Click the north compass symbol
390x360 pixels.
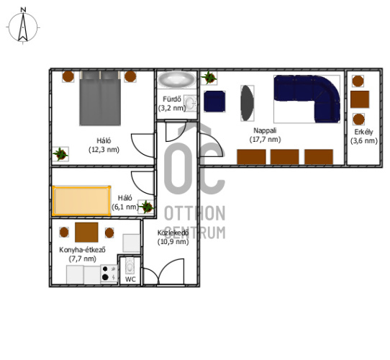click(x=23, y=26)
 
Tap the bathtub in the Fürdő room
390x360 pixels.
click(x=177, y=80)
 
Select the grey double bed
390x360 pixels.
click(x=100, y=98)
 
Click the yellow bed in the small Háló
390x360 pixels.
click(x=81, y=201)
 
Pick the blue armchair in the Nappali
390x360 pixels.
click(x=214, y=102)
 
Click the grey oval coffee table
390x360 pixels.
click(x=248, y=103)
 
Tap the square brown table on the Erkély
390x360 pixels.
click(x=360, y=99)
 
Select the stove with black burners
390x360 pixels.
click(x=109, y=273)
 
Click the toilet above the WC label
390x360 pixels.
click(x=130, y=266)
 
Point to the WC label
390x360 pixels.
click(x=130, y=279)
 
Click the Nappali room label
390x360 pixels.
click(x=265, y=130)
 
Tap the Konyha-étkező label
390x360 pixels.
click(x=82, y=250)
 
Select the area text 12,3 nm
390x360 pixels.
click(x=104, y=150)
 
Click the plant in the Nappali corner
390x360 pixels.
click(x=209, y=78)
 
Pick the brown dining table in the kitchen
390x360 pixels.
click(x=86, y=232)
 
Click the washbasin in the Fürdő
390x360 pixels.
click(x=191, y=103)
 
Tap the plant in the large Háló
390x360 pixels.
click(x=60, y=154)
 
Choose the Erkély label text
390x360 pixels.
click(x=363, y=132)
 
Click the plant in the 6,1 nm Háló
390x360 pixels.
click(x=146, y=207)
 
